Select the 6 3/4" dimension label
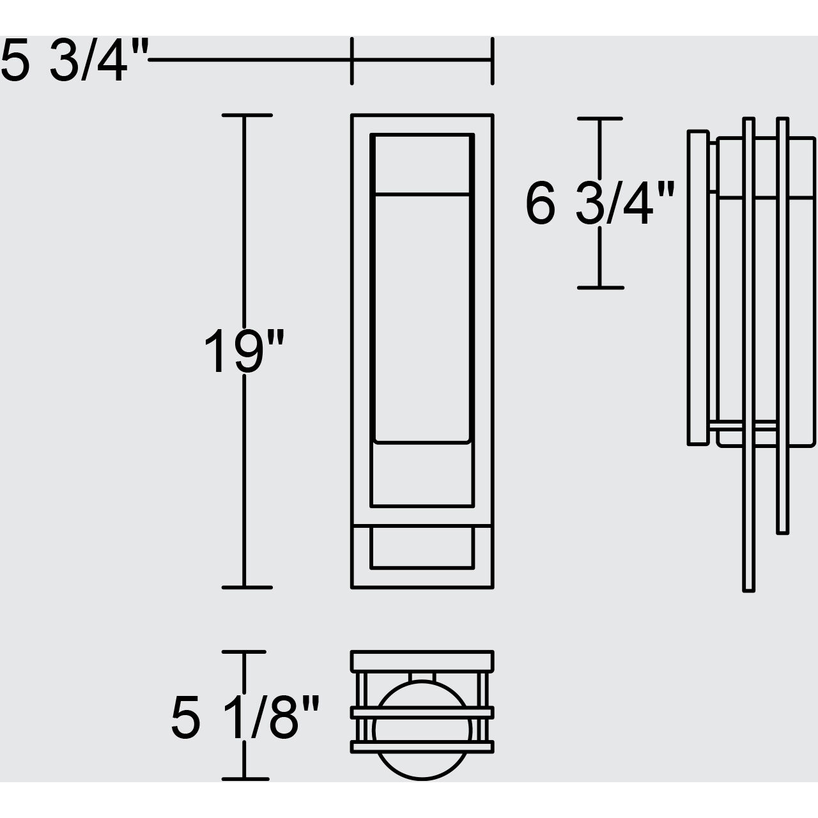[599, 204]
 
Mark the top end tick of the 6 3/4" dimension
[599, 119]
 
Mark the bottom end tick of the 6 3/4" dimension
[599, 288]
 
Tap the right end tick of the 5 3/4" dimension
[491, 61]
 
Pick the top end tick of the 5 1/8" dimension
[243, 652]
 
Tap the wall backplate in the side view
[698, 288]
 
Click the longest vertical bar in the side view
[748, 355]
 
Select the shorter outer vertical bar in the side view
[782, 326]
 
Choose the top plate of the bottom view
[422, 661]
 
